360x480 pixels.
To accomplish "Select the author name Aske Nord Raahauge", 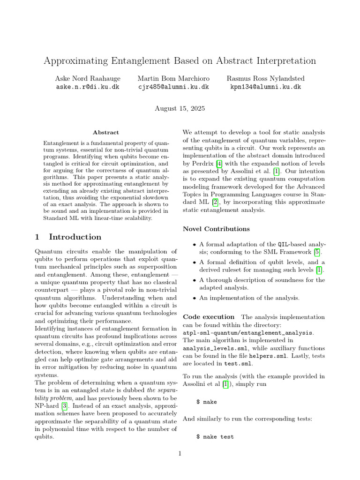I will (x=88, y=78).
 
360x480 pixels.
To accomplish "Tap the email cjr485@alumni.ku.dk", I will (x=173, y=87).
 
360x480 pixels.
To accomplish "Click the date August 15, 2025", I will (x=180, y=108).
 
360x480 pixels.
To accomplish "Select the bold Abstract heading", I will (x=106, y=133).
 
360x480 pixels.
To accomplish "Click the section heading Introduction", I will (x=75, y=237).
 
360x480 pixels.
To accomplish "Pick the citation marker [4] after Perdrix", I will (x=218, y=164).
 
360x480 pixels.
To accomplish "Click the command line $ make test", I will (x=215, y=436).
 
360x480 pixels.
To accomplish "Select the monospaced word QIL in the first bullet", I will (x=283, y=244).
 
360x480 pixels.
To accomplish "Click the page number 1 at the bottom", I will (x=180, y=453).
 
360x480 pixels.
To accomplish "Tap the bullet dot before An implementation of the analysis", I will (x=195, y=298).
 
